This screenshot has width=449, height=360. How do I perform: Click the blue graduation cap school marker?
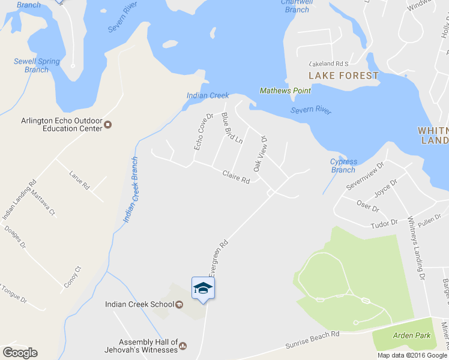[x=203, y=289]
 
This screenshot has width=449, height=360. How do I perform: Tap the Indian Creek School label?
[x=140, y=304]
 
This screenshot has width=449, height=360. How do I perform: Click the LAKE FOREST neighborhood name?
[x=343, y=76]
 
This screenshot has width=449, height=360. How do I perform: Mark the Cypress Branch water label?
[x=343, y=166]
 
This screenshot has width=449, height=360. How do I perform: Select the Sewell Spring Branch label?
[x=37, y=65]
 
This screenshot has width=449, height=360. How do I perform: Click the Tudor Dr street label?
[x=384, y=223]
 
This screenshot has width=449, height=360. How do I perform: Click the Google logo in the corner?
[x=20, y=353]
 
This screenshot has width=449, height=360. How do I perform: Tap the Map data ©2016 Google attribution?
[x=412, y=355]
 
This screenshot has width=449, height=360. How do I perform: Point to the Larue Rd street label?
[x=79, y=180]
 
